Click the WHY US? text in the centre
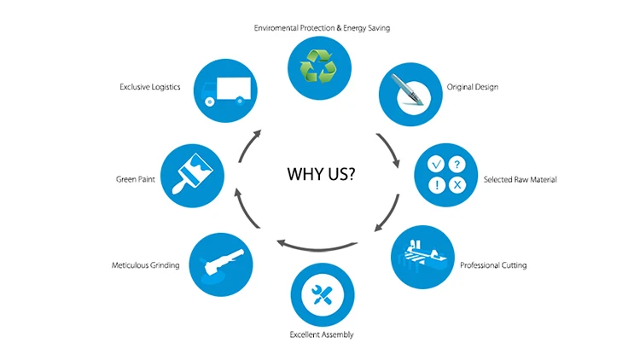pos(321,175)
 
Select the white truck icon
pos(224,89)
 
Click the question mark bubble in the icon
pos(457,164)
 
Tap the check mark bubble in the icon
pos(435,164)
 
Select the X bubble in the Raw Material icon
pos(457,185)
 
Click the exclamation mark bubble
pos(435,185)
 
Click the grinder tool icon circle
pos(220,262)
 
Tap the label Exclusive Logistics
pos(150,87)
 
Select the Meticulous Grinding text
pos(146,265)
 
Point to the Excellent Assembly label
pos(322,334)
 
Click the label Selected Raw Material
pos(520,180)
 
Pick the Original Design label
pos(473,87)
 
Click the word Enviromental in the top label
pos(281,28)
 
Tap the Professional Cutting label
pos(493,265)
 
